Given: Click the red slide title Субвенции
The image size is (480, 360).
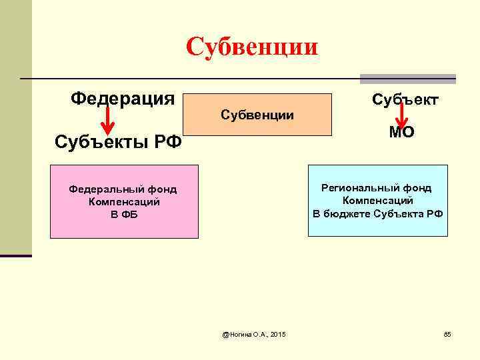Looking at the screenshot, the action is pyautogui.click(x=253, y=47).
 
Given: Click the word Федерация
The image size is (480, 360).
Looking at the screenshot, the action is pyautogui.click(x=123, y=99).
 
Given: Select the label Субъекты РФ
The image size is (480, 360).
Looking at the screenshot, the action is pyautogui.click(x=119, y=142).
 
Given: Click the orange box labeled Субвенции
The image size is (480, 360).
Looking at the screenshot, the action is pyautogui.click(x=257, y=115).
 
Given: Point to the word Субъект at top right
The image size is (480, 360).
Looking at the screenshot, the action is pyautogui.click(x=405, y=100).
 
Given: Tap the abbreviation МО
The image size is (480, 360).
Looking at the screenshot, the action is pyautogui.click(x=402, y=132).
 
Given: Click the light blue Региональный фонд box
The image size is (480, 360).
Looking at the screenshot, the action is pyautogui.click(x=377, y=200).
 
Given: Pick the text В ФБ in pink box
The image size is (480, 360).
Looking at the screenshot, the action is pyautogui.click(x=123, y=215).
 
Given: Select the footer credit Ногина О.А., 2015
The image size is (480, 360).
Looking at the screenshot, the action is pyautogui.click(x=254, y=333).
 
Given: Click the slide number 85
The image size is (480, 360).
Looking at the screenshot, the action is pyautogui.click(x=447, y=333).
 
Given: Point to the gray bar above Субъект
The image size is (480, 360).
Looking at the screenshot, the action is pyautogui.click(x=408, y=79).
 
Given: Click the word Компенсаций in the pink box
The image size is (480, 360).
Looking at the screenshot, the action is pyautogui.click(x=124, y=202).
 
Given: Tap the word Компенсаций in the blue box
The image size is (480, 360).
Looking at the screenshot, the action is pyautogui.click(x=378, y=201).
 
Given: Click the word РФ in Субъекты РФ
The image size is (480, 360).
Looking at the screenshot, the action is pyautogui.click(x=167, y=142).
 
